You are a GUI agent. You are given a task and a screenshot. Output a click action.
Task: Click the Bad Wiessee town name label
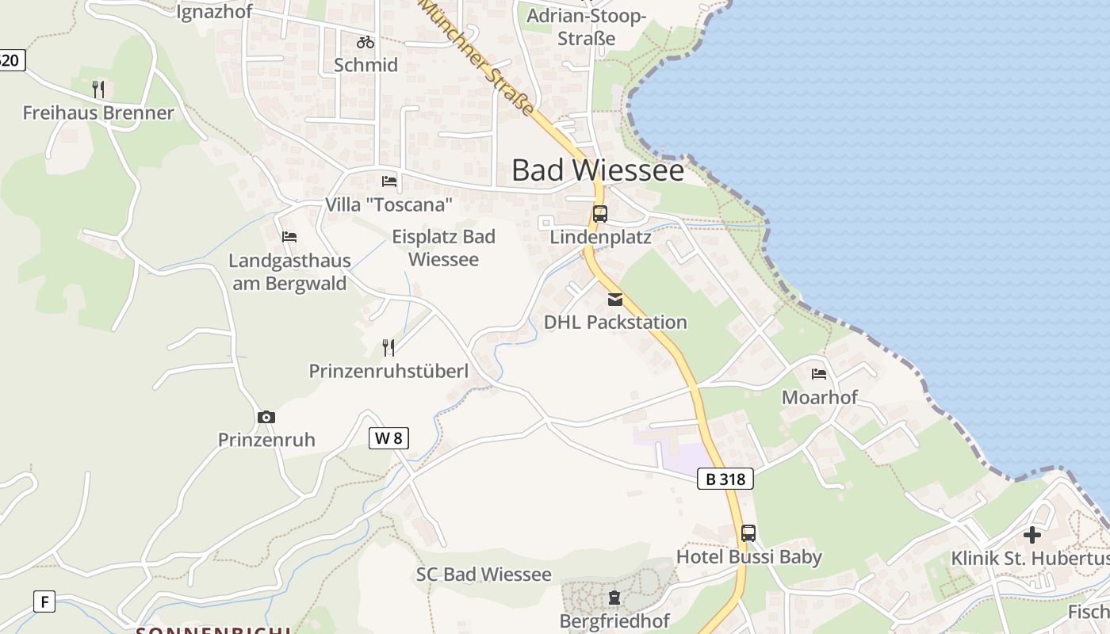597,170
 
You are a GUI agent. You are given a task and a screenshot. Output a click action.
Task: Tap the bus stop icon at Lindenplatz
600,214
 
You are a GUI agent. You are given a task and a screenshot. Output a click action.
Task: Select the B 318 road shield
725,479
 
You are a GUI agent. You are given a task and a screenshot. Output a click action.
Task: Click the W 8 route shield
388,437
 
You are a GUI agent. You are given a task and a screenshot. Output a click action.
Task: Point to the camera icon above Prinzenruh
266,417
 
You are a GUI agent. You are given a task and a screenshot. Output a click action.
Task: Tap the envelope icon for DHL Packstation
615,300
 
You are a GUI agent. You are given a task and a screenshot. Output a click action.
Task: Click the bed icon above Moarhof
819,373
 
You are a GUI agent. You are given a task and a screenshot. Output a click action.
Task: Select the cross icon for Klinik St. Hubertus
1032,535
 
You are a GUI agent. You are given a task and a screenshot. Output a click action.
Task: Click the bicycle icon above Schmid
365,42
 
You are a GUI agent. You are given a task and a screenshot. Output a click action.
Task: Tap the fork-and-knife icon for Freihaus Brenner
98,89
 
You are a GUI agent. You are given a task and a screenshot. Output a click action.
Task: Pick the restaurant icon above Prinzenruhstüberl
388,347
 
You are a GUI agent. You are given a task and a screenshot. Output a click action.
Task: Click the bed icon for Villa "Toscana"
389,181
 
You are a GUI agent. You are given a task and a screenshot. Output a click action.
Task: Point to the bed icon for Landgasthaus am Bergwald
289,237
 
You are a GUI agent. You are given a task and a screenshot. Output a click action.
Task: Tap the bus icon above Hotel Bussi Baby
748,533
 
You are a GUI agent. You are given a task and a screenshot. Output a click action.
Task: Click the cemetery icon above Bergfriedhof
614,597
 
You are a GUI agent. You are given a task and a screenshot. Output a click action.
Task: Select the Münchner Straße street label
477,57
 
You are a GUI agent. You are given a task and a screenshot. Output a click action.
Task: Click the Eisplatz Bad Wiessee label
443,247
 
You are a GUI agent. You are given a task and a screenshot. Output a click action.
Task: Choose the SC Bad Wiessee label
484,575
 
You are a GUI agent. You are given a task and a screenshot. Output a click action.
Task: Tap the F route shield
44,602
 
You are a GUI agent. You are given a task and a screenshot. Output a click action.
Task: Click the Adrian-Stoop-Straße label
587,27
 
